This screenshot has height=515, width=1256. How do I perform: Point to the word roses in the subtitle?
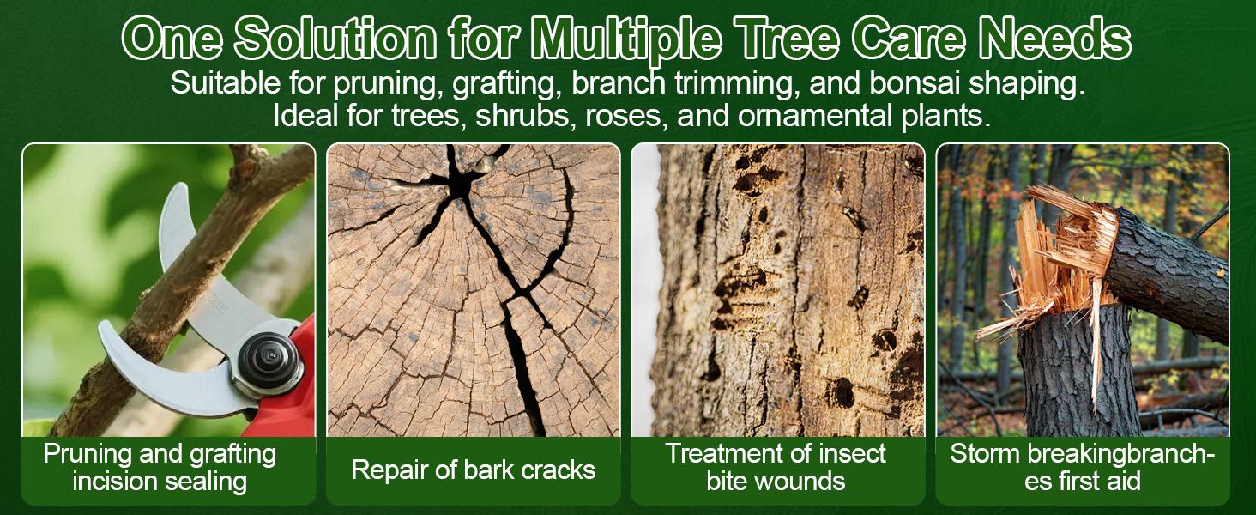[x=622, y=116]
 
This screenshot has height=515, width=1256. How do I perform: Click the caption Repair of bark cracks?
[x=473, y=470]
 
